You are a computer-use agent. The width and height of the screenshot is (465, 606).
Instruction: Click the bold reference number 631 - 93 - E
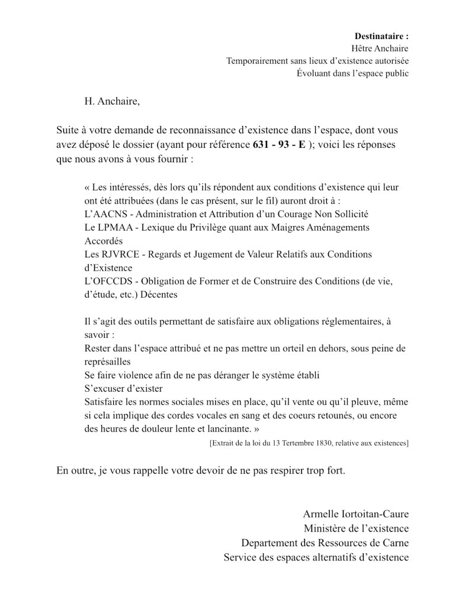coord(280,144)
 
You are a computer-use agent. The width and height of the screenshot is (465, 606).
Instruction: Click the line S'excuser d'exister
coord(123,389)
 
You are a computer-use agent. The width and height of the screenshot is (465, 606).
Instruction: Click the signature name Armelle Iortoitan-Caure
coord(355,514)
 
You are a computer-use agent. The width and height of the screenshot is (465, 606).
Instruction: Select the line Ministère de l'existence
coord(356,528)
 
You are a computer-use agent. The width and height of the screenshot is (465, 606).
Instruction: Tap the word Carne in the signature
coord(395,543)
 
